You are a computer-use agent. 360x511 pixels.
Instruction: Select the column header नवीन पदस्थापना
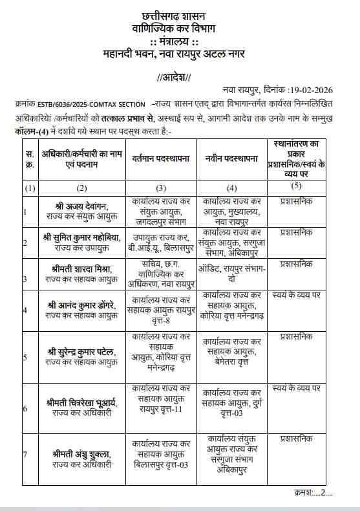pos(231,157)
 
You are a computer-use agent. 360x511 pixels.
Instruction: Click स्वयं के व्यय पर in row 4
pos(297,295)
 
